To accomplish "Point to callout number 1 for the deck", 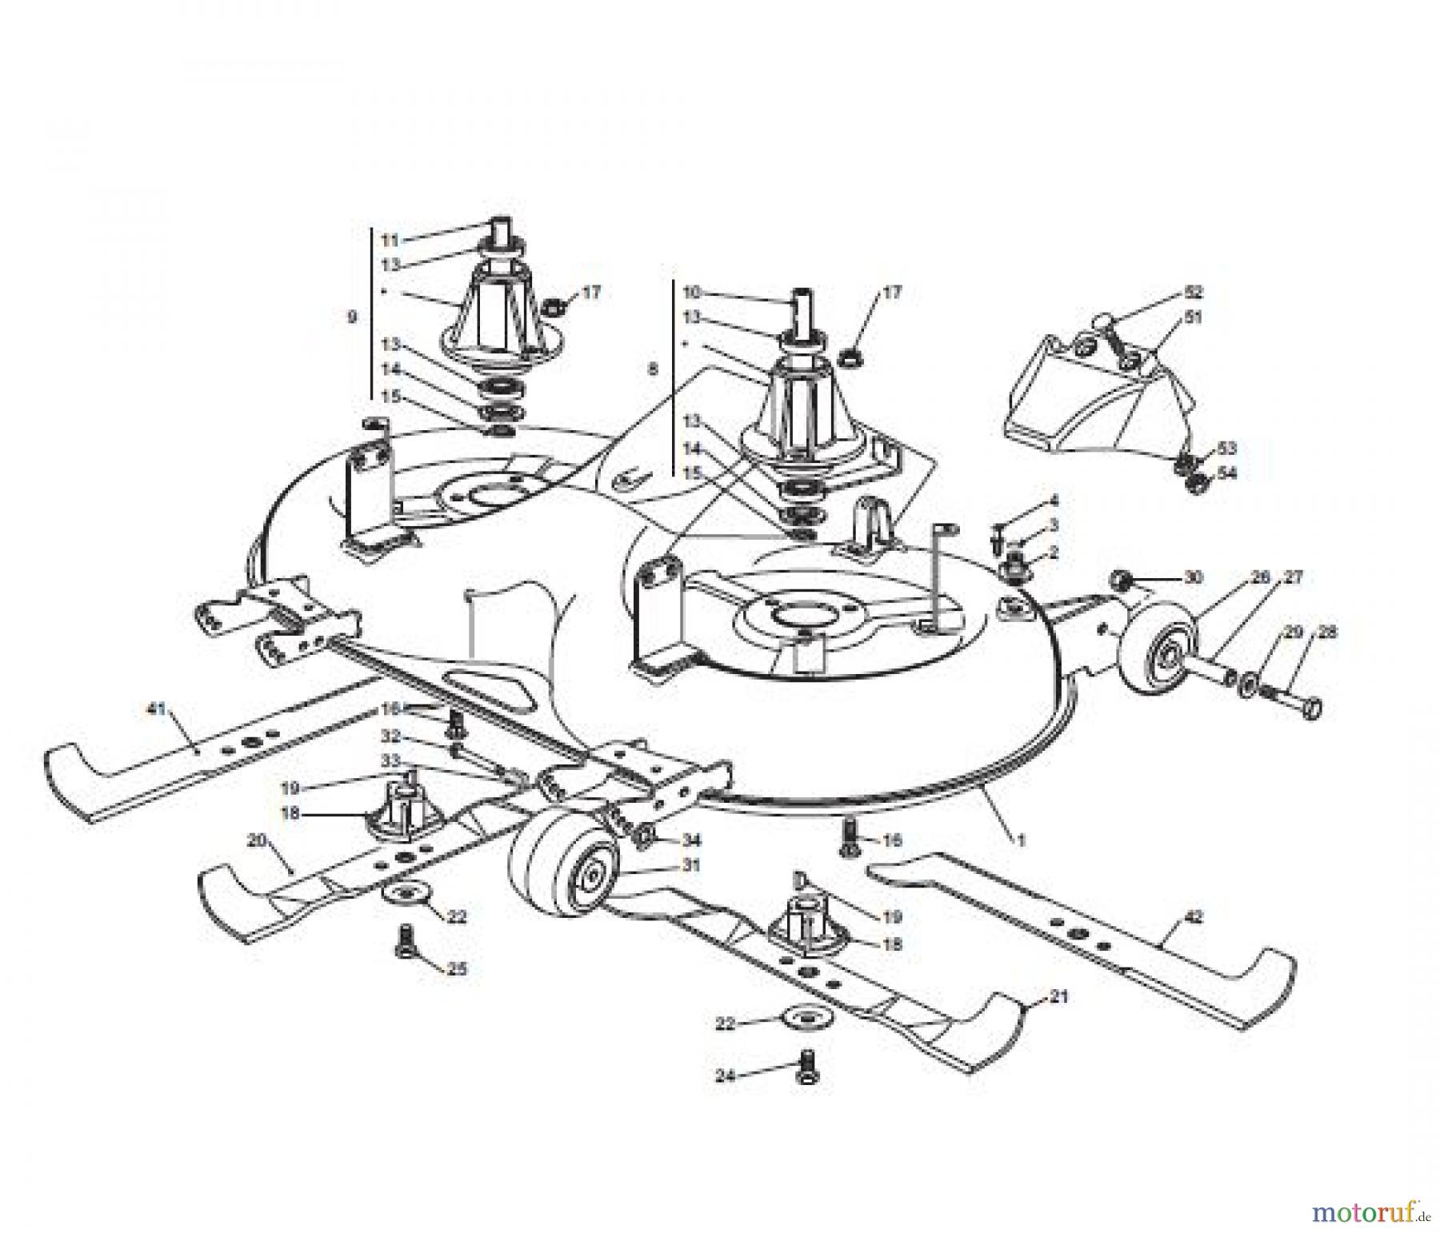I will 1021,840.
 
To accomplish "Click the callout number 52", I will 1194,292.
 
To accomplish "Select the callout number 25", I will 457,969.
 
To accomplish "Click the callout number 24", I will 725,1076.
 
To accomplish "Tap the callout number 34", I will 691,840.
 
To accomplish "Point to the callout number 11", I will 389,240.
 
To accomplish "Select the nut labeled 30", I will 1122,578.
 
